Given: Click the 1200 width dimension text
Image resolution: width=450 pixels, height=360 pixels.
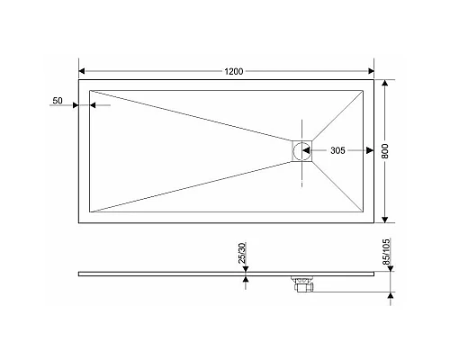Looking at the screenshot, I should coord(227,70).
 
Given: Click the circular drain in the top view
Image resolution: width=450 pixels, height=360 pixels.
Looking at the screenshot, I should coord(301,150).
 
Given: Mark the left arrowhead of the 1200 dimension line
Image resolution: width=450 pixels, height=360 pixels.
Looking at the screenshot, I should coord(83,70).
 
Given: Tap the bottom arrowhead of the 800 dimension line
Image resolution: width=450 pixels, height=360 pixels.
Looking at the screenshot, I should coord(386,219).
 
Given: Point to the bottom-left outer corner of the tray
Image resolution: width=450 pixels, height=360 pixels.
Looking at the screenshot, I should coord(79,222).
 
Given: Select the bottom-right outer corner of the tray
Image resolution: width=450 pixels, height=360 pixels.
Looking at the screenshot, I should coord(373,222).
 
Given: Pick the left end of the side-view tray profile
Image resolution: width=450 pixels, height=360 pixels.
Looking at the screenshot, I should coord(80,272).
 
